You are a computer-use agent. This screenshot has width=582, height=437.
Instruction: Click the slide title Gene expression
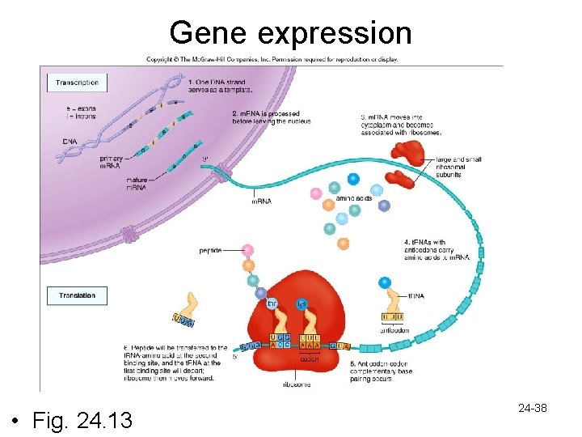coord(291,32)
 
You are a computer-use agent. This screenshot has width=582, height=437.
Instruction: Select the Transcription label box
coord(78,83)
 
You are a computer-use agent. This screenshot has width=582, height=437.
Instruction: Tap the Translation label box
coord(77,296)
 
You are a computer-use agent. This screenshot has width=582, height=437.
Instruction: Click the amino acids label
coord(354,198)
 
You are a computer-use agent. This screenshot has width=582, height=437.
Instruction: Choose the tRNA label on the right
coord(415,296)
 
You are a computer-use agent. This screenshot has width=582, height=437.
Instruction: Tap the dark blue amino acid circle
coord(352,179)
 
